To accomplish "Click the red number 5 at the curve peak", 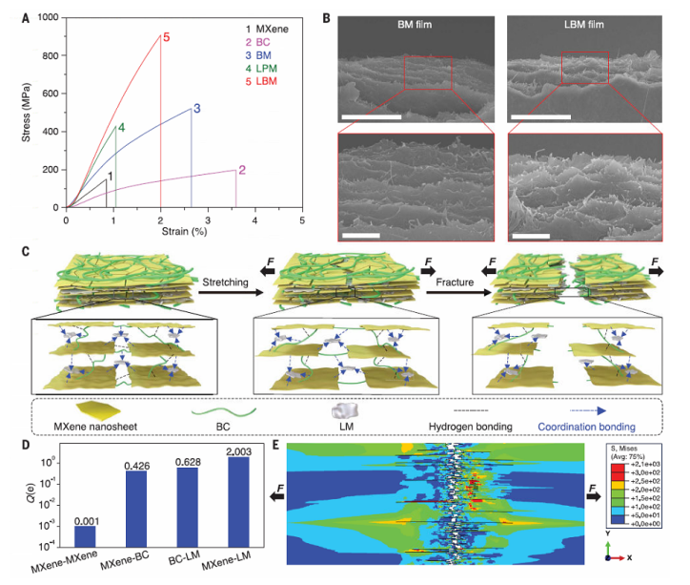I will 166,37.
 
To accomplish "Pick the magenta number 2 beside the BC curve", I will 242,171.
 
